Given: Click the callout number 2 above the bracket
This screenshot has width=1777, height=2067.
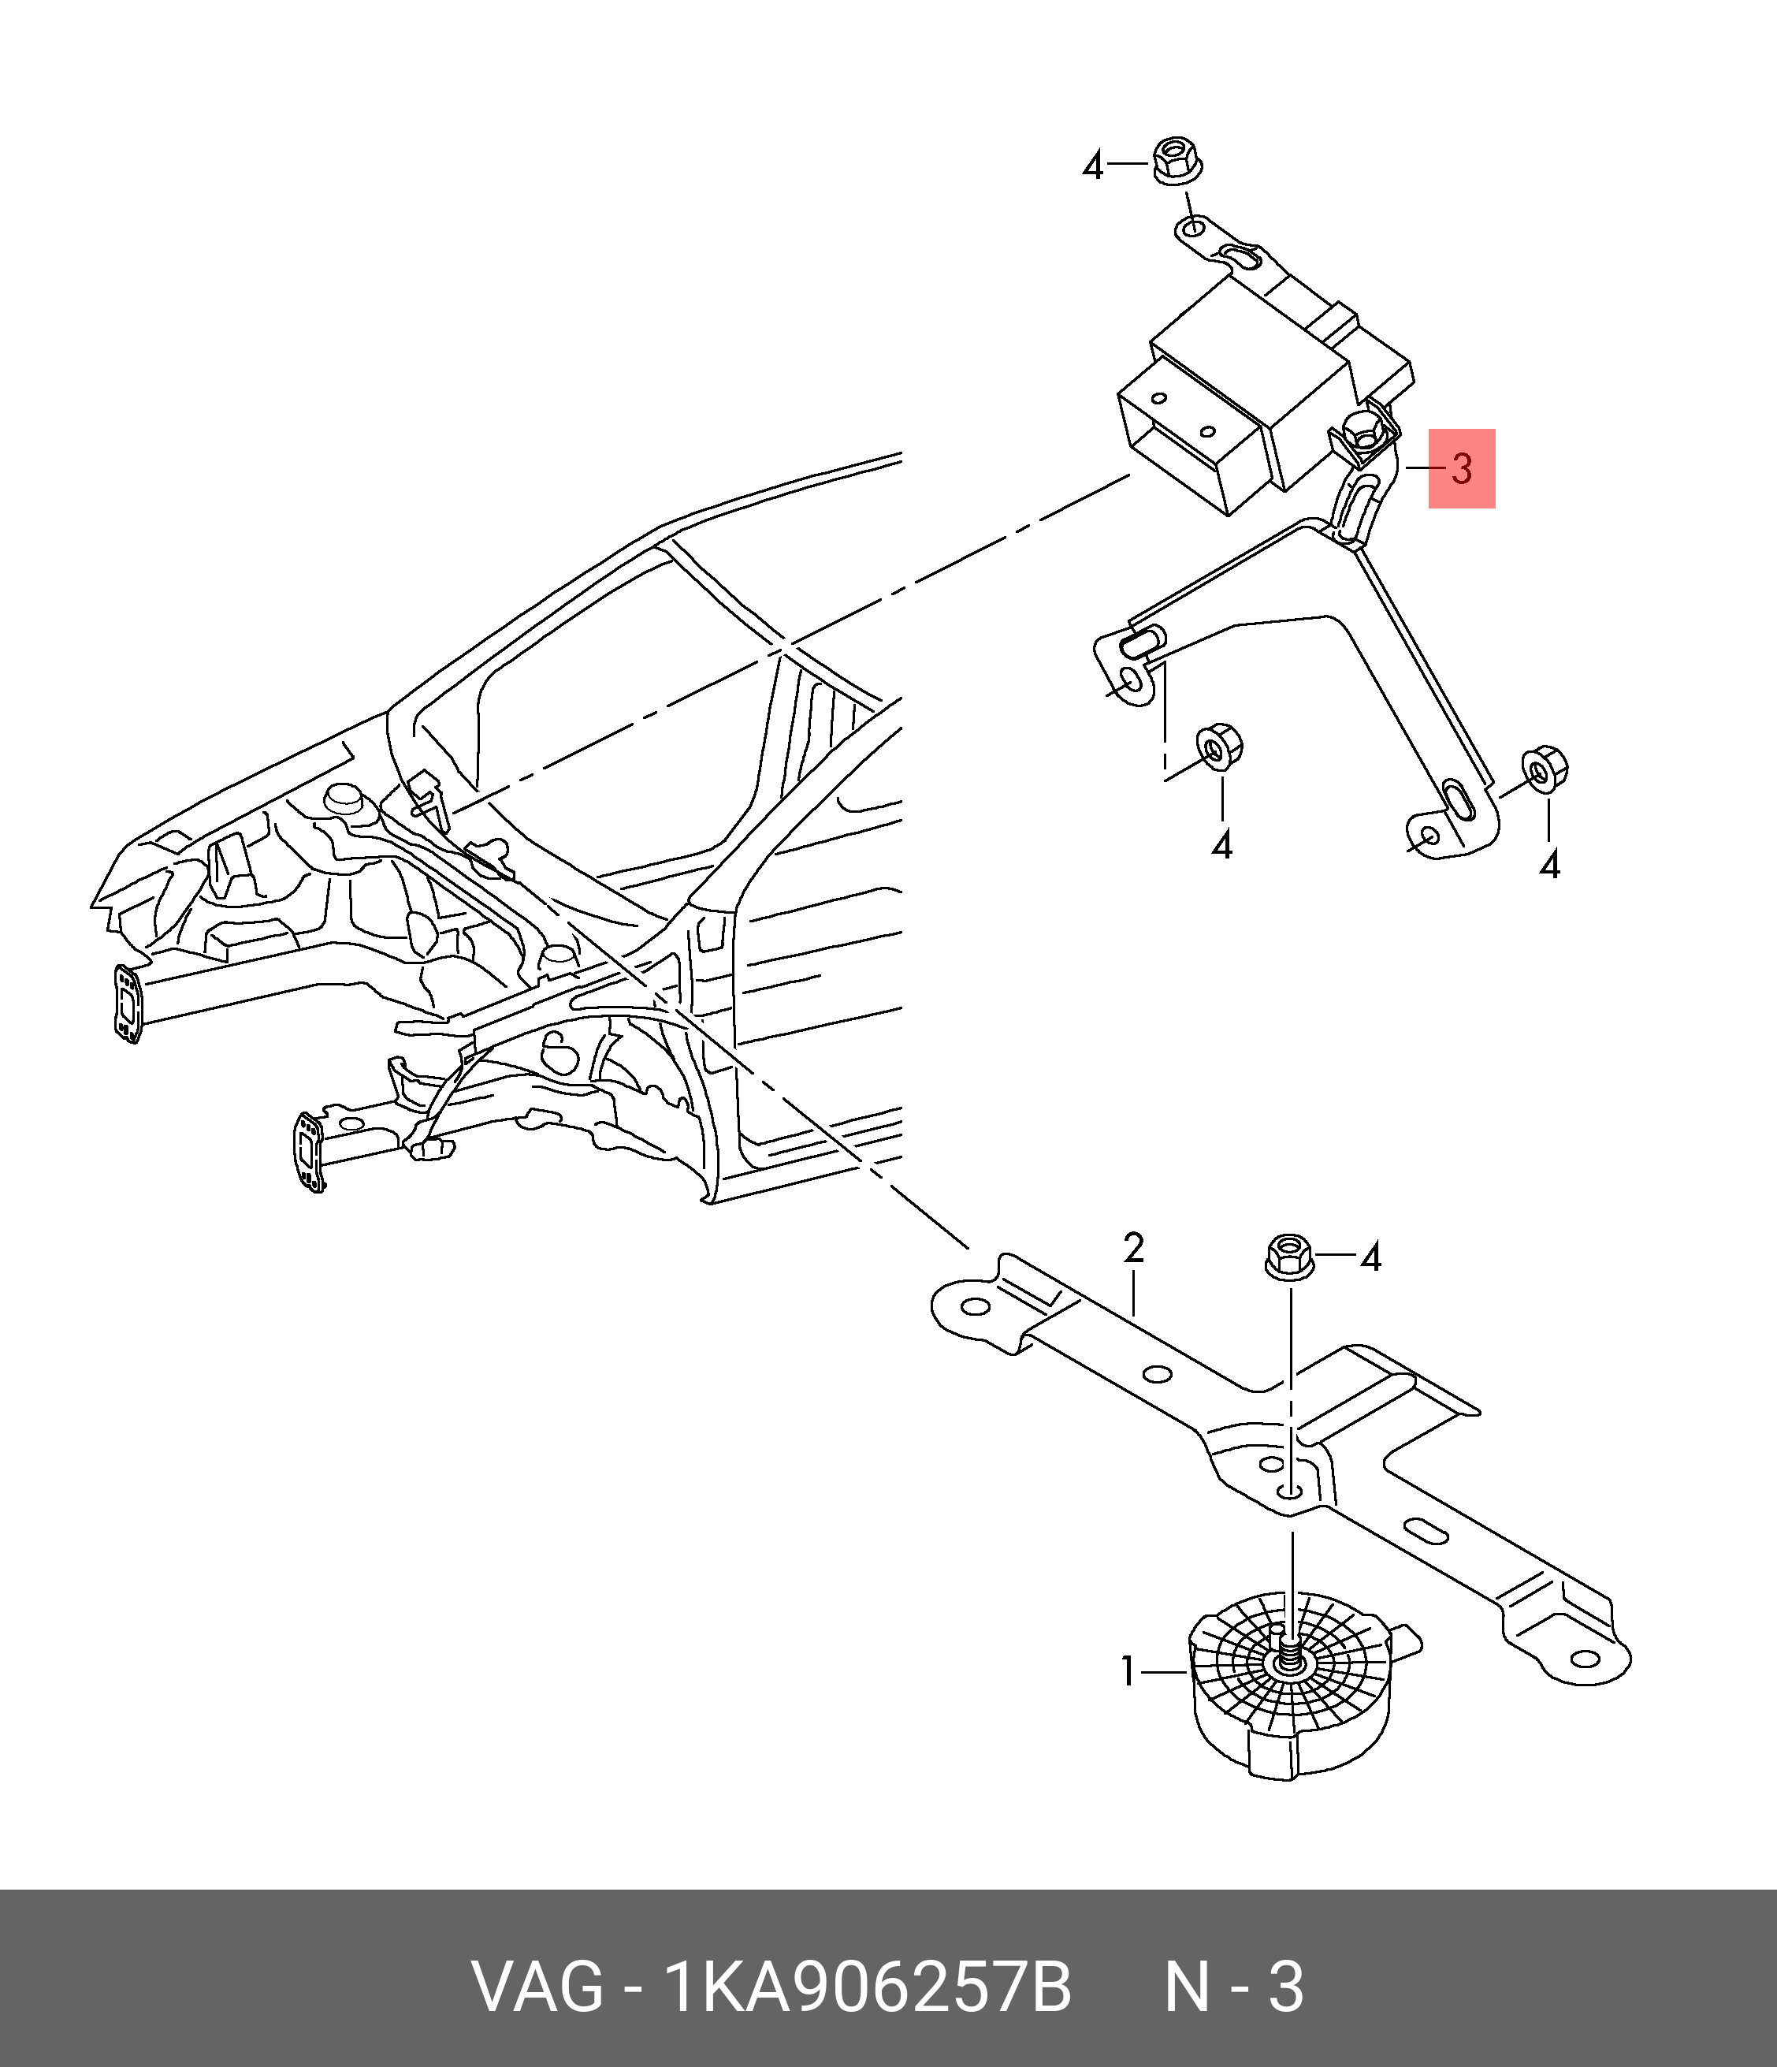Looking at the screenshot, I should [x=1133, y=1248].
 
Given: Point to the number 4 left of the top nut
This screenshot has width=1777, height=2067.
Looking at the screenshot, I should [x=1093, y=166].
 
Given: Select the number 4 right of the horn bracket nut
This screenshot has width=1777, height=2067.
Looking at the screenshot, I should [x=1371, y=1259].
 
